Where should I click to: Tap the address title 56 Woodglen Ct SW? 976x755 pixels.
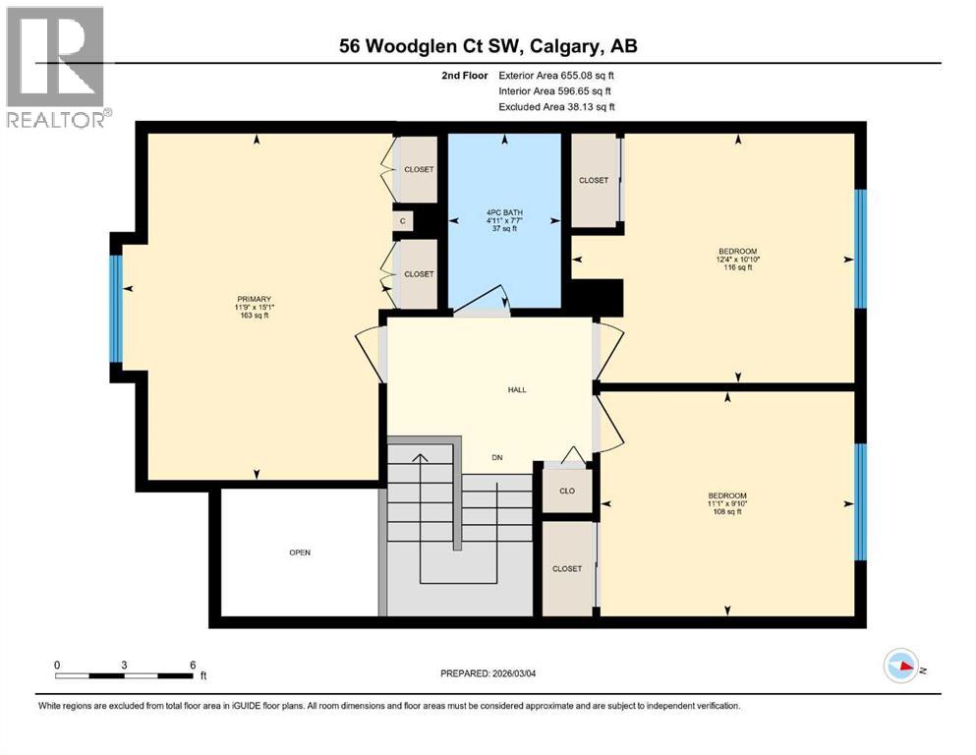pos(486,46)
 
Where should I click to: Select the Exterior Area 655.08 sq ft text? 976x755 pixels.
pos(557,75)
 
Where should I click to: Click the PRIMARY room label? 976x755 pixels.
pos(254,300)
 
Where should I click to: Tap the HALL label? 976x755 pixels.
pos(517,390)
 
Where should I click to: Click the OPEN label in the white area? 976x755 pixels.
pos(300,552)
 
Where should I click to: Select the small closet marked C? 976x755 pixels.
pos(403,222)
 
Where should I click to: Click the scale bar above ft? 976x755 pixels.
pos(125,675)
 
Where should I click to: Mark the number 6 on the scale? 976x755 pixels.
pos(193,664)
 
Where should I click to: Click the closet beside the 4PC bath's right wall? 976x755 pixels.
pos(594,180)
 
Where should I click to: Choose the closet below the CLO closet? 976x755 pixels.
pos(567,568)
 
